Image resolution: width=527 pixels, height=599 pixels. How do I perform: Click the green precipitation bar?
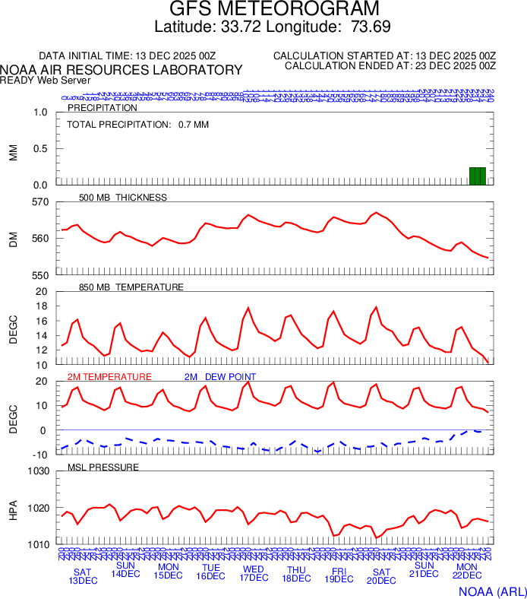[x=478, y=176]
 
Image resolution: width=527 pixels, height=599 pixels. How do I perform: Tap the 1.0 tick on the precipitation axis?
[x=40, y=113]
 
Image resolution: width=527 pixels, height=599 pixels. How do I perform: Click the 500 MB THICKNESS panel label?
[x=122, y=198]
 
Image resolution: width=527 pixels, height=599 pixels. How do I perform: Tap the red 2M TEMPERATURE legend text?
[x=109, y=377]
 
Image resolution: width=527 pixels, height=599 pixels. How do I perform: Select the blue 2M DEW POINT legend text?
[x=219, y=377]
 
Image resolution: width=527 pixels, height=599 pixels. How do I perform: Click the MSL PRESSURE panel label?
[x=103, y=467]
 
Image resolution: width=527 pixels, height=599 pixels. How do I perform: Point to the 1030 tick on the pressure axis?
[x=36, y=471]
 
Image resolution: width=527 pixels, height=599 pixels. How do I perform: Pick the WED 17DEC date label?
[x=254, y=573]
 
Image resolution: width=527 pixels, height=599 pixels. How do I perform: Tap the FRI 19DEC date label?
[x=339, y=575]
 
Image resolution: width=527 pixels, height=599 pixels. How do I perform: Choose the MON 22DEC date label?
[x=466, y=572]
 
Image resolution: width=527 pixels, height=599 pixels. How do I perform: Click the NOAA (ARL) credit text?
[x=492, y=591]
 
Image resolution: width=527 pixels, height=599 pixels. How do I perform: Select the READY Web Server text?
[x=45, y=80]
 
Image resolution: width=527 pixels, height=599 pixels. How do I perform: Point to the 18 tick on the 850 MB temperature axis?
[x=40, y=306]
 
